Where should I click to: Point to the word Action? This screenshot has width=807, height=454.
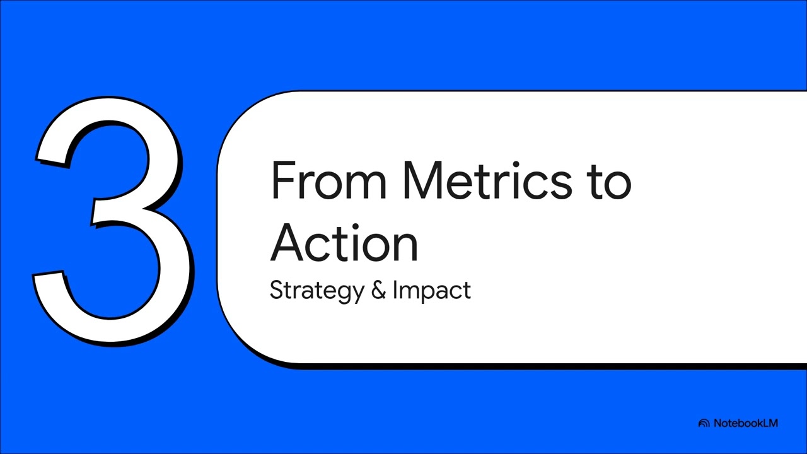pyautogui.click(x=344, y=243)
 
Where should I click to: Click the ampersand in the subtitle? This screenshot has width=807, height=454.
pyautogui.click(x=378, y=291)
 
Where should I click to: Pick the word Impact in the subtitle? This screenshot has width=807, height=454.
pyautogui.click(x=431, y=291)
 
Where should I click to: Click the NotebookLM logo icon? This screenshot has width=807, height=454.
pyautogui.click(x=704, y=424)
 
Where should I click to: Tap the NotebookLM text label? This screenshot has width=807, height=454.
pyautogui.click(x=746, y=423)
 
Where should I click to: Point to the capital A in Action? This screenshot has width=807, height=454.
pyautogui.click(x=287, y=243)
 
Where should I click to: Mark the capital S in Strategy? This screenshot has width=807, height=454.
pyautogui.click(x=276, y=290)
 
